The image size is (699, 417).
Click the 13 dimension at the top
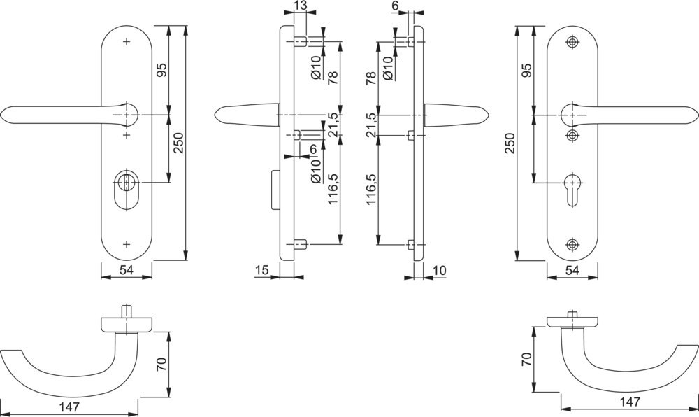click(x=301, y=6)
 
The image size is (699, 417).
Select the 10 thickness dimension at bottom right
click(x=439, y=270)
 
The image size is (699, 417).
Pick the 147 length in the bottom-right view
click(x=630, y=402)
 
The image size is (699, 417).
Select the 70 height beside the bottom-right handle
click(x=527, y=360)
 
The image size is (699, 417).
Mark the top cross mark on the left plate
click(x=126, y=42)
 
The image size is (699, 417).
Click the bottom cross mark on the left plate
click(x=126, y=244)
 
